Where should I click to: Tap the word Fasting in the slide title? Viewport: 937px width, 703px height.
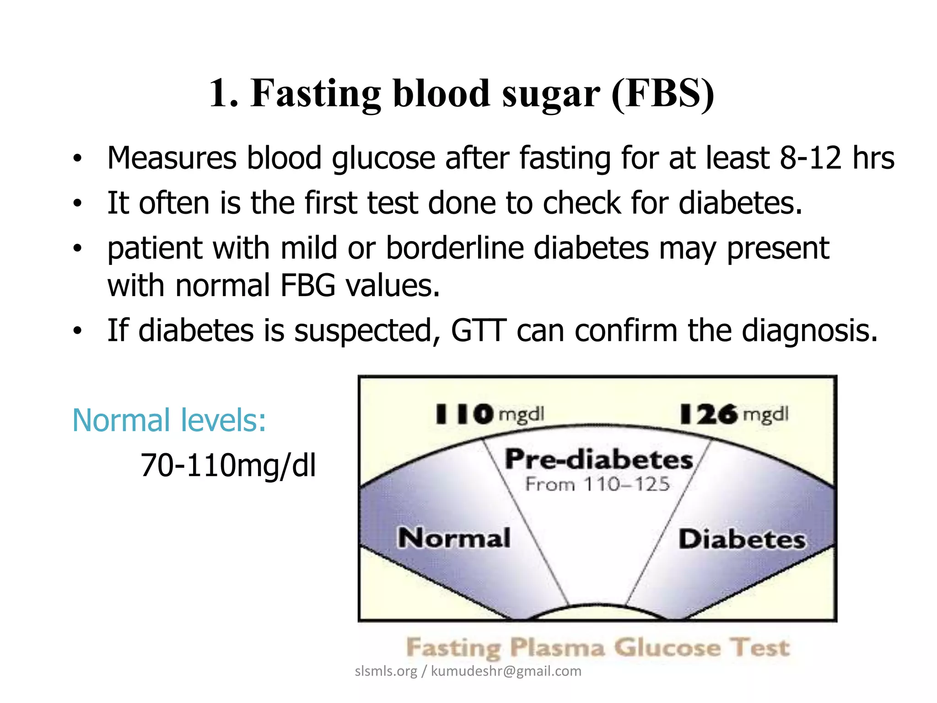(316, 94)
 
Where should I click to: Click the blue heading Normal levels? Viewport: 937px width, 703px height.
(169, 420)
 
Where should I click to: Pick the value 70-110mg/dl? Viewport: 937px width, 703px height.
(228, 465)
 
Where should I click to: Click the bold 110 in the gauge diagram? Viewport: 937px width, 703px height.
(464, 414)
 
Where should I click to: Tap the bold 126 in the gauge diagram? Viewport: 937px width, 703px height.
(709, 414)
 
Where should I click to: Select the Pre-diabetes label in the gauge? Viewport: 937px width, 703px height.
(598, 459)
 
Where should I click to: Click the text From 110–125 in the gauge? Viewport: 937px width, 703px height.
(598, 484)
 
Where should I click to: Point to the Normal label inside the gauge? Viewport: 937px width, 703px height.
(454, 538)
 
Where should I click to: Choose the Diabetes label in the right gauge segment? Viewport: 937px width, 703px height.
(742, 539)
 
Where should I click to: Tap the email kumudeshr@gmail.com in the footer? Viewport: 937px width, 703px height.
(506, 671)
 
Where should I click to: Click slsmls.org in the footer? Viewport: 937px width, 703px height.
(386, 671)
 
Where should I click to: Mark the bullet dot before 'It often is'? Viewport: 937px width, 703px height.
(78, 203)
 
